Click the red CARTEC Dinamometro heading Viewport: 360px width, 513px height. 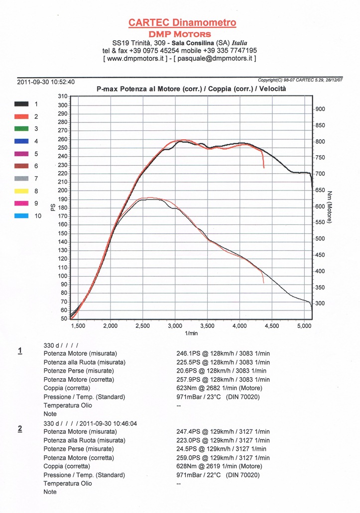click(182, 22)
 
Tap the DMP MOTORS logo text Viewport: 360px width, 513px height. click(180, 34)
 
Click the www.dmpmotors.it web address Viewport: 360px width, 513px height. click(142, 58)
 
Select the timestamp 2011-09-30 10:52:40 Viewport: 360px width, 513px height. click(46, 82)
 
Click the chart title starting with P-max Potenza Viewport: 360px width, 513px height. click(191, 89)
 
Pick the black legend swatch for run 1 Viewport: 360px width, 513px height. click(21, 104)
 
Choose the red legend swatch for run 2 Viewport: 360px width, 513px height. click(21, 116)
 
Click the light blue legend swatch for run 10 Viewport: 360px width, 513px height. click(21, 216)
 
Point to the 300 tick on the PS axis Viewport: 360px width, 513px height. click(62, 105)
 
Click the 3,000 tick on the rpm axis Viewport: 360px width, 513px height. click(175, 326)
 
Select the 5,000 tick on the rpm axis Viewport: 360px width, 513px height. click(304, 326)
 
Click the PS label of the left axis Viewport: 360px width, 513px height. click(52, 206)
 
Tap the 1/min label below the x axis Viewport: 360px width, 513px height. click(191, 333)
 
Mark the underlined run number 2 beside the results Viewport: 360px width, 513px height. click(20, 428)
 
